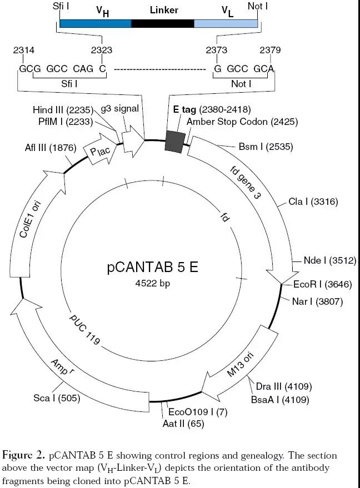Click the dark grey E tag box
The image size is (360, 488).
click(x=173, y=142)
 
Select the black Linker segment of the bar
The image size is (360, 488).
click(x=163, y=23)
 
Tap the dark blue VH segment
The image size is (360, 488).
click(x=96, y=23)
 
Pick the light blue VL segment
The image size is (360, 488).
click(x=226, y=23)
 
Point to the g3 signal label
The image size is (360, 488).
click(x=120, y=109)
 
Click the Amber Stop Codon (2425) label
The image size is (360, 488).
click(x=242, y=122)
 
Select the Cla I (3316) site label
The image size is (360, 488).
click(x=313, y=202)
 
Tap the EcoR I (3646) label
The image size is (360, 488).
click(x=323, y=284)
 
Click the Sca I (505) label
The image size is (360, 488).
click(x=57, y=398)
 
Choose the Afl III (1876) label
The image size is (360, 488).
click(x=51, y=148)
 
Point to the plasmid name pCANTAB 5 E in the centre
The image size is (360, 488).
click(x=153, y=267)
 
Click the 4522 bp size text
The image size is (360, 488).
click(x=153, y=283)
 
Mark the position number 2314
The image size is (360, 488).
click(x=24, y=50)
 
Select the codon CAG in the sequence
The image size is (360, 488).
click(x=83, y=68)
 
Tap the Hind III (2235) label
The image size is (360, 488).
click(x=63, y=110)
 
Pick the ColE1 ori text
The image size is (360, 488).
click(x=30, y=219)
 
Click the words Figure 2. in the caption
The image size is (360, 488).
click(x=23, y=456)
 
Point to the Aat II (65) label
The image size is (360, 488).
click(x=183, y=424)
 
